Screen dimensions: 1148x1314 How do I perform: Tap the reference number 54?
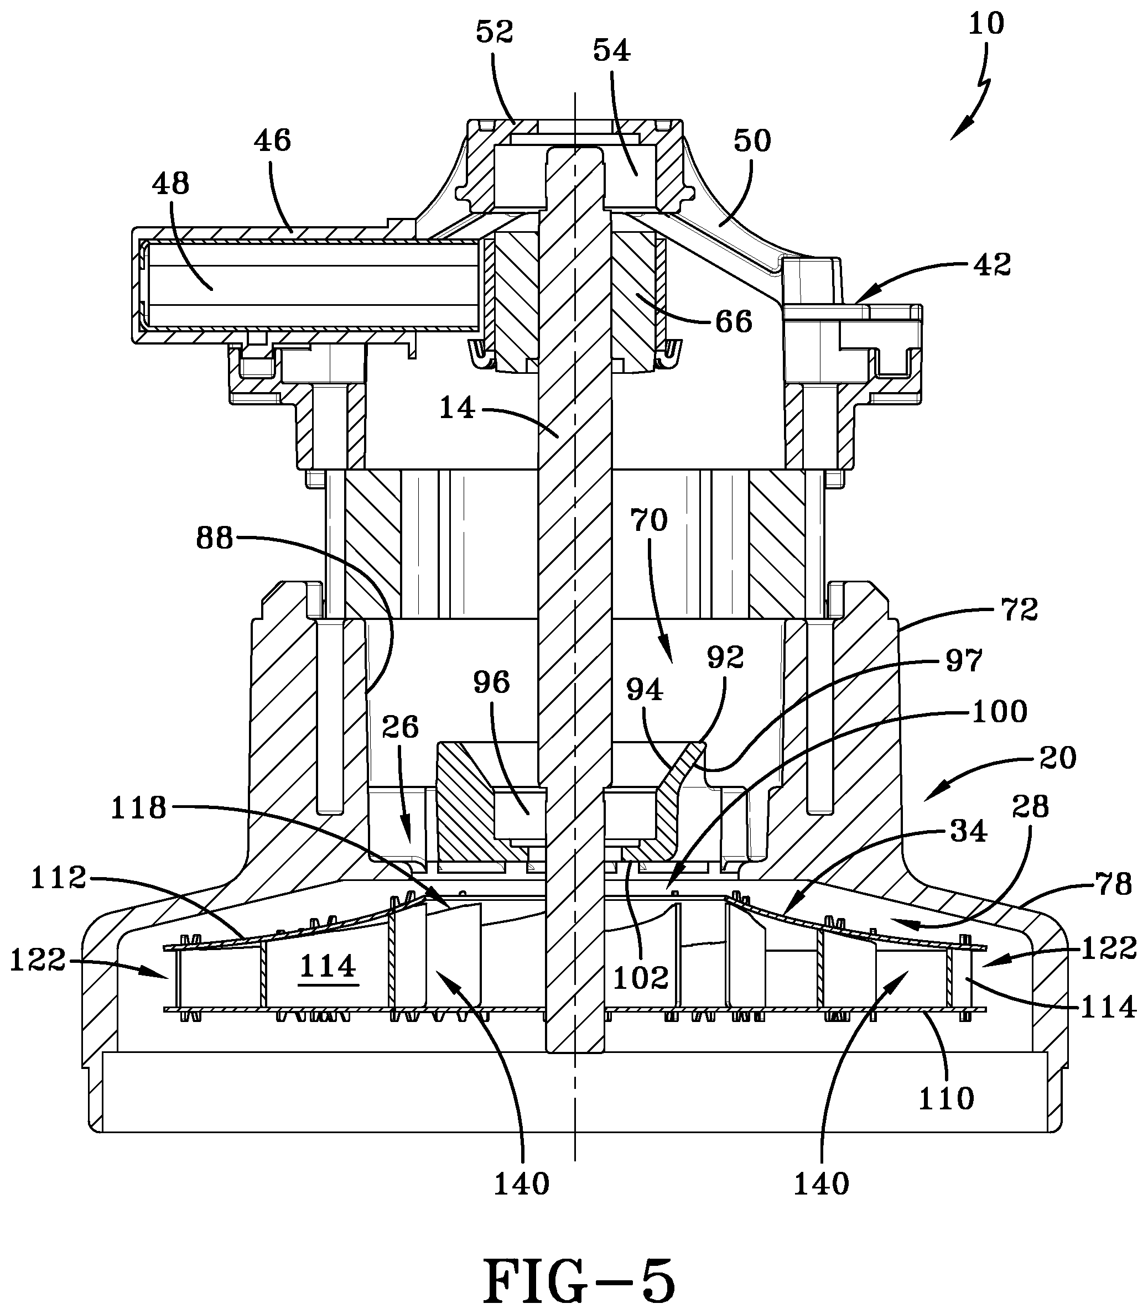tap(612, 50)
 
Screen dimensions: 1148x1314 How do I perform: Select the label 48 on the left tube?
tap(171, 184)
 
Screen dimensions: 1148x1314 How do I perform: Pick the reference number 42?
tap(993, 264)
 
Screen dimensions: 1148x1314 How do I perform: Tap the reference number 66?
tap(734, 321)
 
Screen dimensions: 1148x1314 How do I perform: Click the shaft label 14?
tap(457, 408)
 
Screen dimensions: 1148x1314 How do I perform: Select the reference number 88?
tap(214, 539)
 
